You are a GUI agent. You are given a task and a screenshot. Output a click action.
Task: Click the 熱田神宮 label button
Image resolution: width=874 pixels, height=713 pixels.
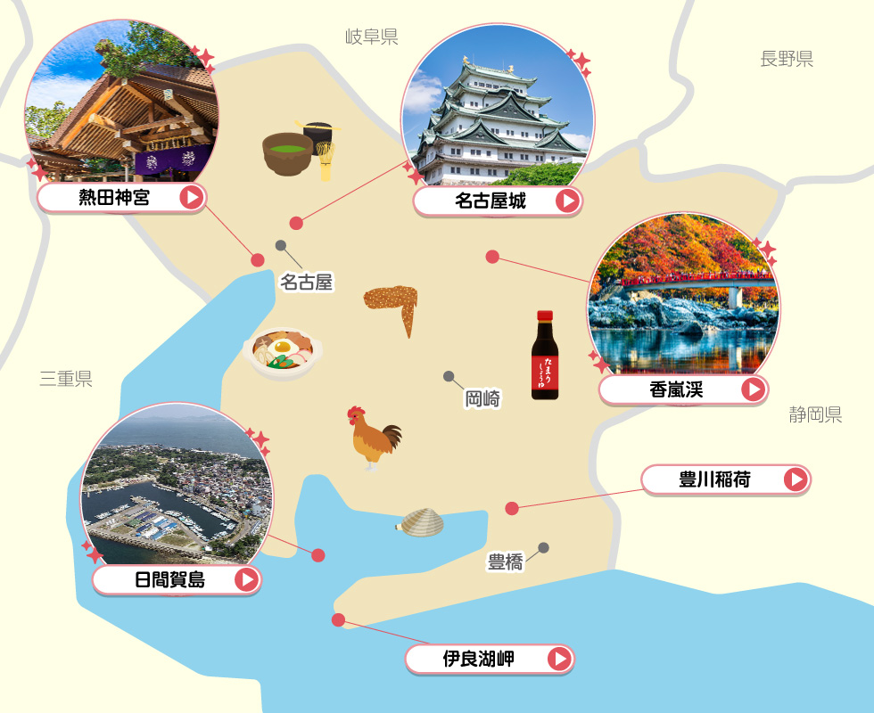[121, 198]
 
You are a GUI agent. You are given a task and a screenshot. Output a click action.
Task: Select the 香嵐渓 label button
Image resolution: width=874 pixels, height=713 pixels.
[683, 389]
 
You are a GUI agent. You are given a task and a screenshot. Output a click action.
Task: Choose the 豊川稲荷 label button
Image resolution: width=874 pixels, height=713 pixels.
[725, 480]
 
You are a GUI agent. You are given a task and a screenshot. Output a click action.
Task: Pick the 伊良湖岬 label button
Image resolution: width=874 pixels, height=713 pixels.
[489, 660]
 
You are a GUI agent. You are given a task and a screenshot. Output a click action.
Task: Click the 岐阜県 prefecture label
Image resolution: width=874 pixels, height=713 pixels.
[371, 37]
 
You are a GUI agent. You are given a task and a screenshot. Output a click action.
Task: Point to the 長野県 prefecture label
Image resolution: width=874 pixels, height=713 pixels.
[787, 60]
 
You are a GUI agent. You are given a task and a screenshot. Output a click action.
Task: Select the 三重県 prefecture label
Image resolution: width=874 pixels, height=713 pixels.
[66, 380]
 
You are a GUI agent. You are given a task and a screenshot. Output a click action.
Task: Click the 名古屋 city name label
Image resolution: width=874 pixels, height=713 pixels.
[306, 283]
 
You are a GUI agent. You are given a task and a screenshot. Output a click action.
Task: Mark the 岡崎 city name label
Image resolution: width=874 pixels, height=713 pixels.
[482, 398]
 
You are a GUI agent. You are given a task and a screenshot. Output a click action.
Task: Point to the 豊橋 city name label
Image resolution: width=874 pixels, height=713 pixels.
[505, 562]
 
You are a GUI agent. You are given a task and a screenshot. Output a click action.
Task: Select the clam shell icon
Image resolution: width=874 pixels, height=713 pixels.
[420, 522]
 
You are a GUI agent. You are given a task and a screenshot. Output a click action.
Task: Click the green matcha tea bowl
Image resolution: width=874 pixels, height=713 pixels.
[287, 152]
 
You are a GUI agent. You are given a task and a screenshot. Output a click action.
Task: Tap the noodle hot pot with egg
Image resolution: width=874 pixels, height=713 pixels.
[279, 352]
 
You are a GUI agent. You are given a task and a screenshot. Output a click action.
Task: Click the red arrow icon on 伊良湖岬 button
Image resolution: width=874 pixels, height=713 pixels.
[558, 660]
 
